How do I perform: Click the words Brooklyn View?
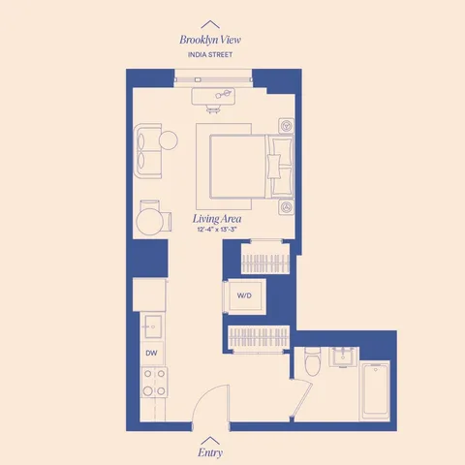click(209, 40)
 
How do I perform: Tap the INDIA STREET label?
click(209, 55)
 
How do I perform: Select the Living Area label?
click(217, 220)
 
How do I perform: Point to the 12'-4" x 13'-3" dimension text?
click(217, 232)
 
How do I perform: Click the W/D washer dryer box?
click(244, 294)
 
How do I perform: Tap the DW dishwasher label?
click(151, 354)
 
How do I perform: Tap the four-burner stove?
click(152, 384)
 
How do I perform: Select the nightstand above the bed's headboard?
click(287, 126)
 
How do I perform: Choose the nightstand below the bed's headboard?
click(287, 206)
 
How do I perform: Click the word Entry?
click(209, 451)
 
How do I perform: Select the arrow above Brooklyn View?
click(209, 23)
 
